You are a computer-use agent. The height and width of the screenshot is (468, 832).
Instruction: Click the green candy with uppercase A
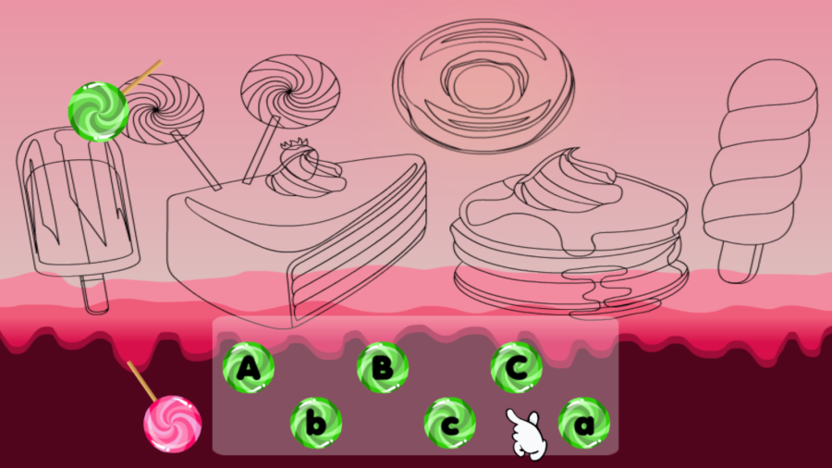point(249,368)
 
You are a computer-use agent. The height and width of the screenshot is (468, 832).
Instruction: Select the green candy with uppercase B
point(383,368)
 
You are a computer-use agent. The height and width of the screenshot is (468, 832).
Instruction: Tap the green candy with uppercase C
point(516,368)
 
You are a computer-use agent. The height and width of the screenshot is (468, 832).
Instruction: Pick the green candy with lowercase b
point(316,424)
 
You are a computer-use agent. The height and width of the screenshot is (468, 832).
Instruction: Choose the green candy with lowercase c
point(449,424)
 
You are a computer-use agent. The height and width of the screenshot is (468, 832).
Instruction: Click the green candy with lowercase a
point(583,424)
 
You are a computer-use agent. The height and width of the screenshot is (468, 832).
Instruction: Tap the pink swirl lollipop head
point(172,424)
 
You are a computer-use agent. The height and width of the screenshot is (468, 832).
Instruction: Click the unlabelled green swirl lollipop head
point(98,111)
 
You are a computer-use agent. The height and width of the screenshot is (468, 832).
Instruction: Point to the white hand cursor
point(525,432)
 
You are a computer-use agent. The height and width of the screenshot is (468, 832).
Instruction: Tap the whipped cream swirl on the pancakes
point(564,183)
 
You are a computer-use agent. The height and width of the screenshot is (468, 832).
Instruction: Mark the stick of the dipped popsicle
point(94,294)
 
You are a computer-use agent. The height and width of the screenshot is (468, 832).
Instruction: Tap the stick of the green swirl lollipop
point(143,75)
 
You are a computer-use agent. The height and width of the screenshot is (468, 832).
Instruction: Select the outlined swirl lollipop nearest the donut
point(290,92)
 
